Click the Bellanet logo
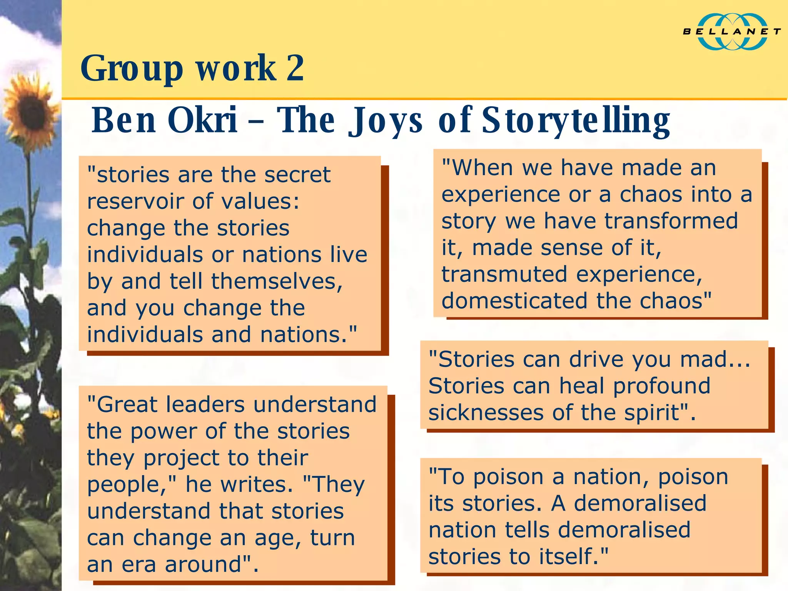tap(731, 32)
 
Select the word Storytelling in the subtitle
tap(576, 120)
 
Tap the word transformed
tap(671, 221)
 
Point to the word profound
tap(661, 386)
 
